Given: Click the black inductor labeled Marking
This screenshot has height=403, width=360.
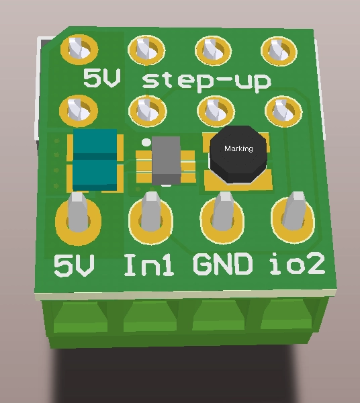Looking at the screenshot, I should coord(238,154).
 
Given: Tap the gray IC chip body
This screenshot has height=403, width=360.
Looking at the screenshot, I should coord(166,161).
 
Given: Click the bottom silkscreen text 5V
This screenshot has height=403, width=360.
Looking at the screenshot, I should coord(74,267).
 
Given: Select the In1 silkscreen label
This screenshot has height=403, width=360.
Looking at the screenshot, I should coord(149,265).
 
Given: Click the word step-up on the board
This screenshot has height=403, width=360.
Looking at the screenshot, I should coord(207,82).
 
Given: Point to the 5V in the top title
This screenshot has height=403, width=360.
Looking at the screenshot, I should coord(102,79).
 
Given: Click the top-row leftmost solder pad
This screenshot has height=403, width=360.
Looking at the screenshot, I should coord(79,48).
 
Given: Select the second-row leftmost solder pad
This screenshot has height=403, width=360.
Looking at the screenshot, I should coord(79,107).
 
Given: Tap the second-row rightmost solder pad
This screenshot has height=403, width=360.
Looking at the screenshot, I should coord(279,109).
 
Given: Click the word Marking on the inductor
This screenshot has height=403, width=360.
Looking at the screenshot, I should coord(238,148).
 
